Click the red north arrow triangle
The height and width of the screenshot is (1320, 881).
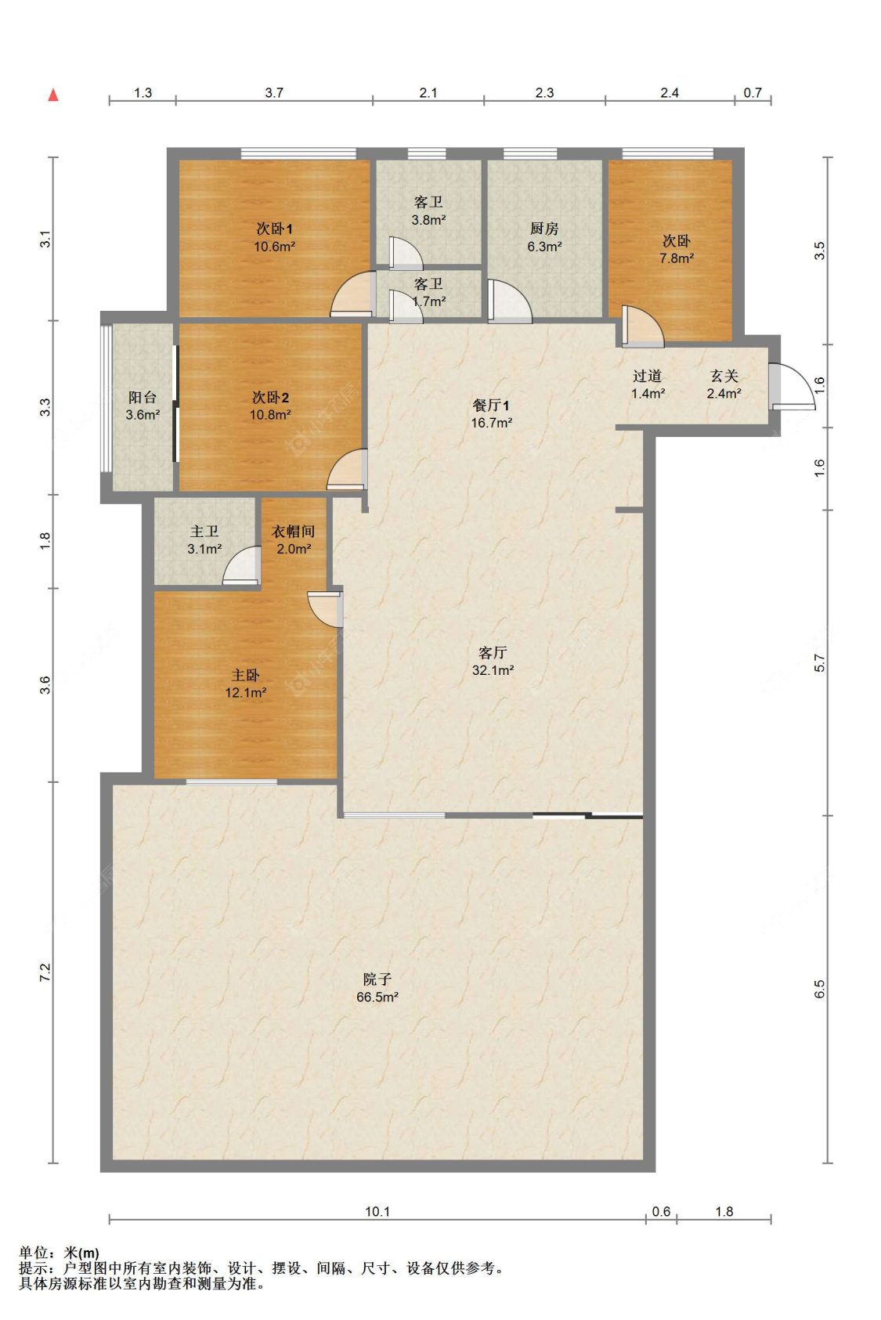53,94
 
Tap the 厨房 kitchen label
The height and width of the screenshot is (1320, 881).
544,237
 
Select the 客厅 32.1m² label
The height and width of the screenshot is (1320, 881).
493,661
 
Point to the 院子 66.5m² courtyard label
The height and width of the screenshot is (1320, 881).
377,987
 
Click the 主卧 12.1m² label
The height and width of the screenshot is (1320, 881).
245,683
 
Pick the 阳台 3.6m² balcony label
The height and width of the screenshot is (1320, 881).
143,406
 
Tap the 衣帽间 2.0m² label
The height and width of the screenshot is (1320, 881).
293,539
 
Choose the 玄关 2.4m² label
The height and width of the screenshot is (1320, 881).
724,384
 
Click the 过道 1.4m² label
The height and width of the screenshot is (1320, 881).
648,384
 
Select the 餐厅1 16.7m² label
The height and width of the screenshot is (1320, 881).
491,413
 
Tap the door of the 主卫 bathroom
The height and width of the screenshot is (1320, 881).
242,566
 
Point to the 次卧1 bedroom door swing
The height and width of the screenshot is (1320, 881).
353,294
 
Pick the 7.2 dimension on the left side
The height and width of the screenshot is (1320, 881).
45,973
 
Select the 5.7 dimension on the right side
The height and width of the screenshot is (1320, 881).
820,663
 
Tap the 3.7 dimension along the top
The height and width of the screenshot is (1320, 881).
274,92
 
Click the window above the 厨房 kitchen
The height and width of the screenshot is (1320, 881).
530,153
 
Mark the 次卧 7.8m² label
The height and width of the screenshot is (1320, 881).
676,249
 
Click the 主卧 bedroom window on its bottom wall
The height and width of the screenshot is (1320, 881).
232,782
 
